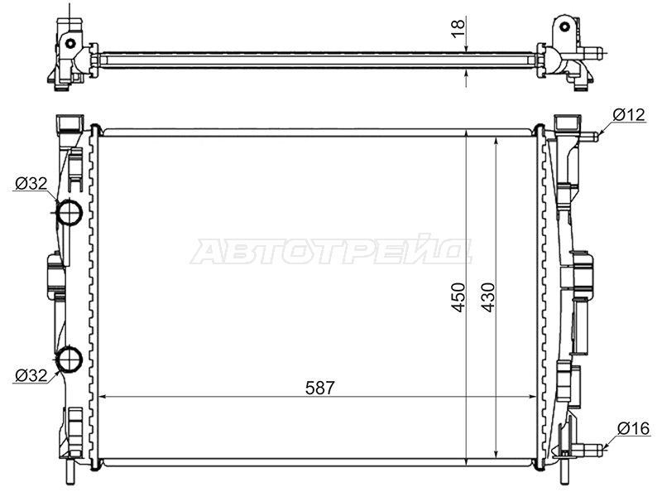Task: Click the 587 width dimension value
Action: tap(320, 388)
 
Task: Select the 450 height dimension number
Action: tap(458, 297)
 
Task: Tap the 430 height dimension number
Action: tap(488, 297)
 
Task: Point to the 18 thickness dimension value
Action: tap(458, 29)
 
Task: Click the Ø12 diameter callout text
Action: tap(629, 114)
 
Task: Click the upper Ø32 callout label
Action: tap(31, 183)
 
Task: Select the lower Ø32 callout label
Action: tap(31, 375)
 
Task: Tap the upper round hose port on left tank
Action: tap(70, 213)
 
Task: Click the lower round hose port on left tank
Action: tap(70, 359)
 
